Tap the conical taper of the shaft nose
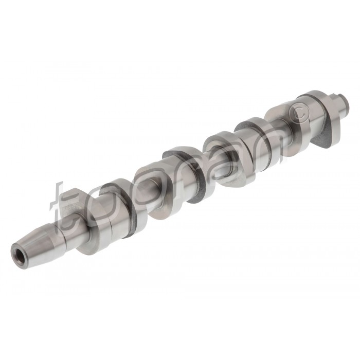pyautogui.click(x=37, y=244)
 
